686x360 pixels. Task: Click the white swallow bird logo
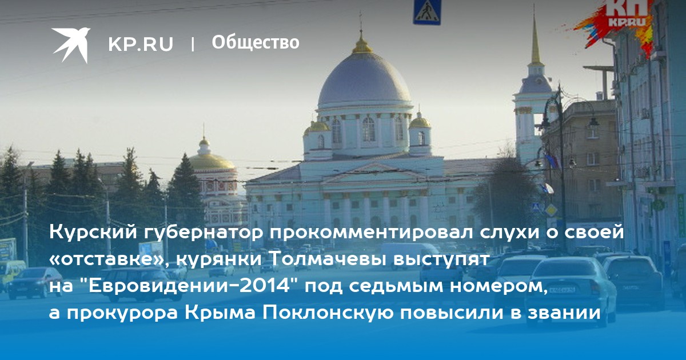(x=71, y=45)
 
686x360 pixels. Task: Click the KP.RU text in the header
(x=141, y=44)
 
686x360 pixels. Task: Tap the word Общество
(x=256, y=42)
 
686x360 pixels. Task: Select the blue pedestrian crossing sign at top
(x=427, y=12)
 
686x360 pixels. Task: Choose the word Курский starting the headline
(x=93, y=233)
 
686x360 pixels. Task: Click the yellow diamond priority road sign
(x=551, y=210)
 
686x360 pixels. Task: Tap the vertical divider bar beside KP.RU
(x=193, y=44)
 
